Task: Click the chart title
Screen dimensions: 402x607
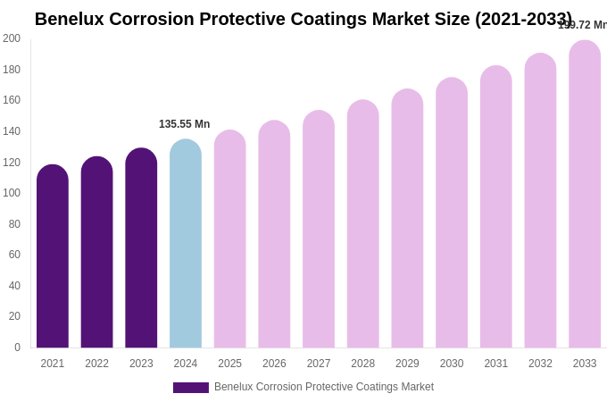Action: point(303,19)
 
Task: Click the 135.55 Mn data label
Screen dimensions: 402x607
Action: point(185,124)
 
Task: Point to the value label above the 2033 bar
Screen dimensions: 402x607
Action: point(582,25)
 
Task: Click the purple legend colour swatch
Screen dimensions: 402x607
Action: point(191,388)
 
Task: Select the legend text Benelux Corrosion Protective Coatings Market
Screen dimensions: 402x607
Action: point(324,387)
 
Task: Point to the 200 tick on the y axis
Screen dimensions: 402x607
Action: point(12,38)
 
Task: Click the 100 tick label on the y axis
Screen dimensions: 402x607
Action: point(12,193)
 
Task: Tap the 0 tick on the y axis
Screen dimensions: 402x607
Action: point(16,348)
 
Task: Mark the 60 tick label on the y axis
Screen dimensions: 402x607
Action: point(14,255)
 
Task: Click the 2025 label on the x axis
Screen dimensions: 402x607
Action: point(229,364)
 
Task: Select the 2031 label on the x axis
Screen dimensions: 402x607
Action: point(495,364)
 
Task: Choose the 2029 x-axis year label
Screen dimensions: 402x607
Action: point(407,364)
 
